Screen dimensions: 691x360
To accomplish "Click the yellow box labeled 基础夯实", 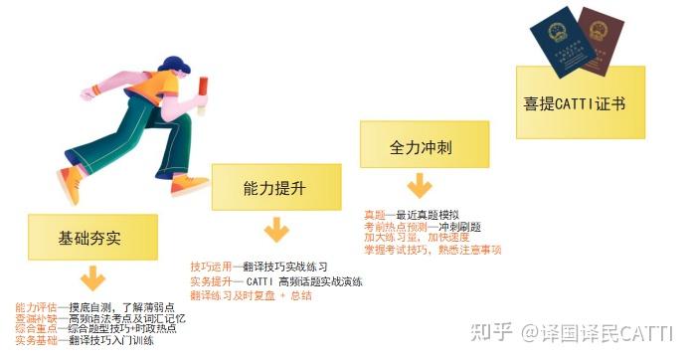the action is [x=89, y=239].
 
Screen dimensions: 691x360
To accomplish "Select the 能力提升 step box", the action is [x=273, y=187].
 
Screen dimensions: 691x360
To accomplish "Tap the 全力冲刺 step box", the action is [x=422, y=146].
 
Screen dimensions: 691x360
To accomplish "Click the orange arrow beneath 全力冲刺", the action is [x=422, y=185].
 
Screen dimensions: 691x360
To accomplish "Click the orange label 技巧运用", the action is [x=209, y=268].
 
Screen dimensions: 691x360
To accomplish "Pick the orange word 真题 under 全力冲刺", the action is [x=375, y=215].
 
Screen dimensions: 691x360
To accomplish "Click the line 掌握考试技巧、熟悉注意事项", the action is [x=432, y=250].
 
